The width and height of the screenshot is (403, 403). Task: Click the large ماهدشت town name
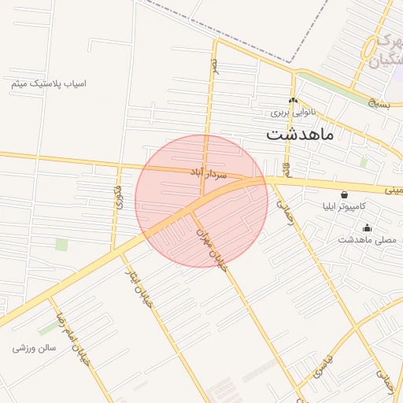click(300, 134)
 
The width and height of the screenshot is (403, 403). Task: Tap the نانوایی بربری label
click(293, 113)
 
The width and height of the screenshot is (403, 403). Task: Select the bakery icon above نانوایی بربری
click(293, 100)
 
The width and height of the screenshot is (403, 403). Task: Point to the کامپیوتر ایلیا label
click(345, 208)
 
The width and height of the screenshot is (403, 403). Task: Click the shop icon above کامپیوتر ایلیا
click(344, 194)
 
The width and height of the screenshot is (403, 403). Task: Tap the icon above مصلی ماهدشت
click(367, 227)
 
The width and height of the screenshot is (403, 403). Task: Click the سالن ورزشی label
click(35, 347)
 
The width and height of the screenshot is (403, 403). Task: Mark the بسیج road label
click(377, 100)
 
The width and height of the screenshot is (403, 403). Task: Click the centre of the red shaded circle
click(201, 201)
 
